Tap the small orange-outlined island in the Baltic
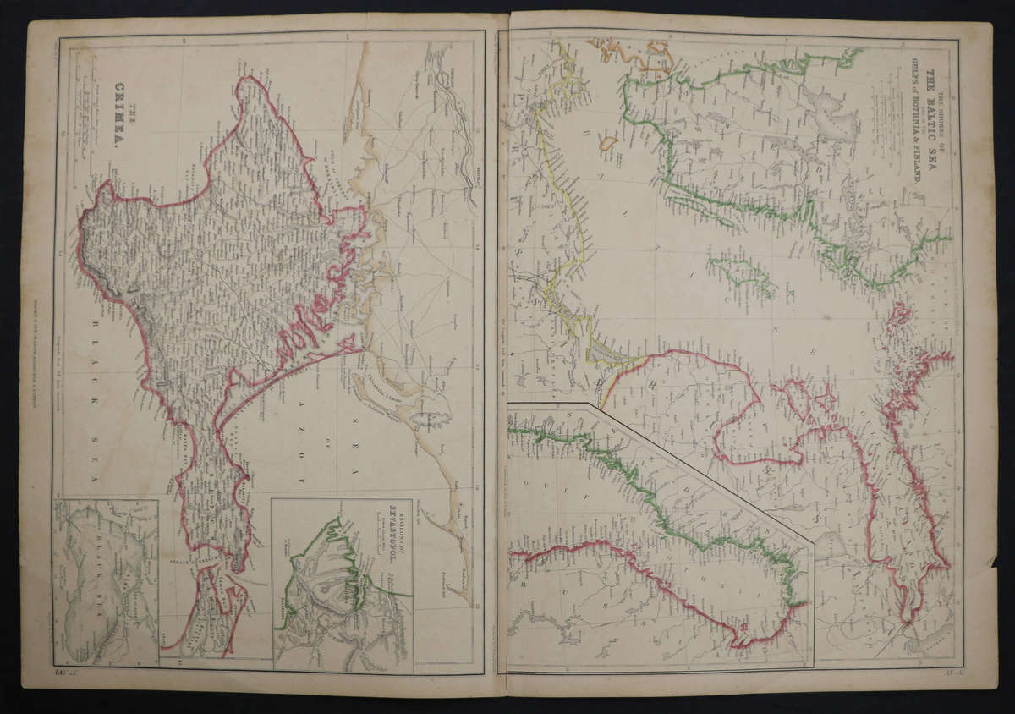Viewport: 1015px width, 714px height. [608, 144]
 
